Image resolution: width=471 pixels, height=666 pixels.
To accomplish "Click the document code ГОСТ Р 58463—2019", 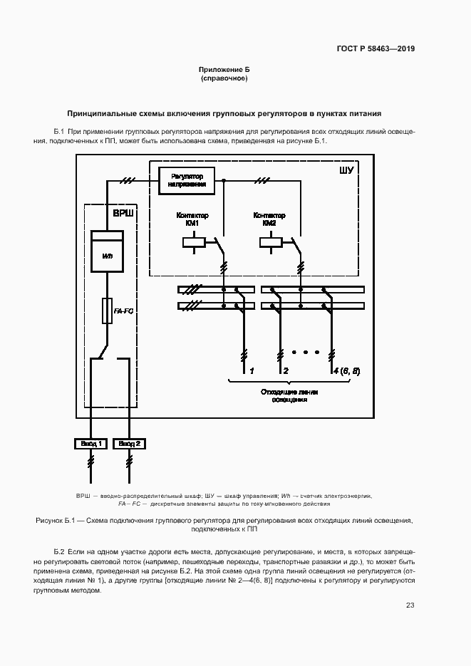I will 375,49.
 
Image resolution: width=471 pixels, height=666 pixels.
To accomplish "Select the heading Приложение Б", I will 224,70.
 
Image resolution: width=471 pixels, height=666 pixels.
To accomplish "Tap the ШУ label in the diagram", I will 346,171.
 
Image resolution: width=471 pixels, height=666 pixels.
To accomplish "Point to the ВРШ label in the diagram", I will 123,214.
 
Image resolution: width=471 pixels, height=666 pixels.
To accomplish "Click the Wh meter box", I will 108,254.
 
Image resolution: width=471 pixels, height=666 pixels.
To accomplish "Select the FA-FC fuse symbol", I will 108,311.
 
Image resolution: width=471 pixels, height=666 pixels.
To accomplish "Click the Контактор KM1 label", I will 191,219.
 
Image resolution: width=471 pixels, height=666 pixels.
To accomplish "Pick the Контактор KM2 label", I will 269,219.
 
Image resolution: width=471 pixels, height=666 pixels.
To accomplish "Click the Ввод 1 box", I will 90,444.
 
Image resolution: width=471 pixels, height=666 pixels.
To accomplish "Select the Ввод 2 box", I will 130,444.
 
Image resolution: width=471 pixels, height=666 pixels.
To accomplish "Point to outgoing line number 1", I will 251,370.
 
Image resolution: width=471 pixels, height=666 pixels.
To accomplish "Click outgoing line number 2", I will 285,370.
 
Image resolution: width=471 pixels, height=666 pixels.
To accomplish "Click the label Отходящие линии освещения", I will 289,396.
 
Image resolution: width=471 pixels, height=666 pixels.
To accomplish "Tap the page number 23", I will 410,605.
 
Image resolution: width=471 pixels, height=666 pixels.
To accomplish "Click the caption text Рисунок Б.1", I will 56,521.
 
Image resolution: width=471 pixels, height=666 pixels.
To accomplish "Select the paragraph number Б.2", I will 59,552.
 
